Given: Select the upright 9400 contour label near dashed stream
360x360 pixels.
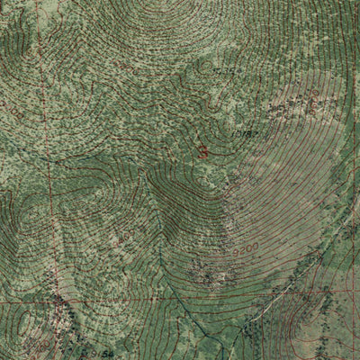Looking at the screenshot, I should tap(125, 237).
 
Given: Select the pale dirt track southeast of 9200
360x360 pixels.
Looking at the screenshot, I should tap(270, 301).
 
